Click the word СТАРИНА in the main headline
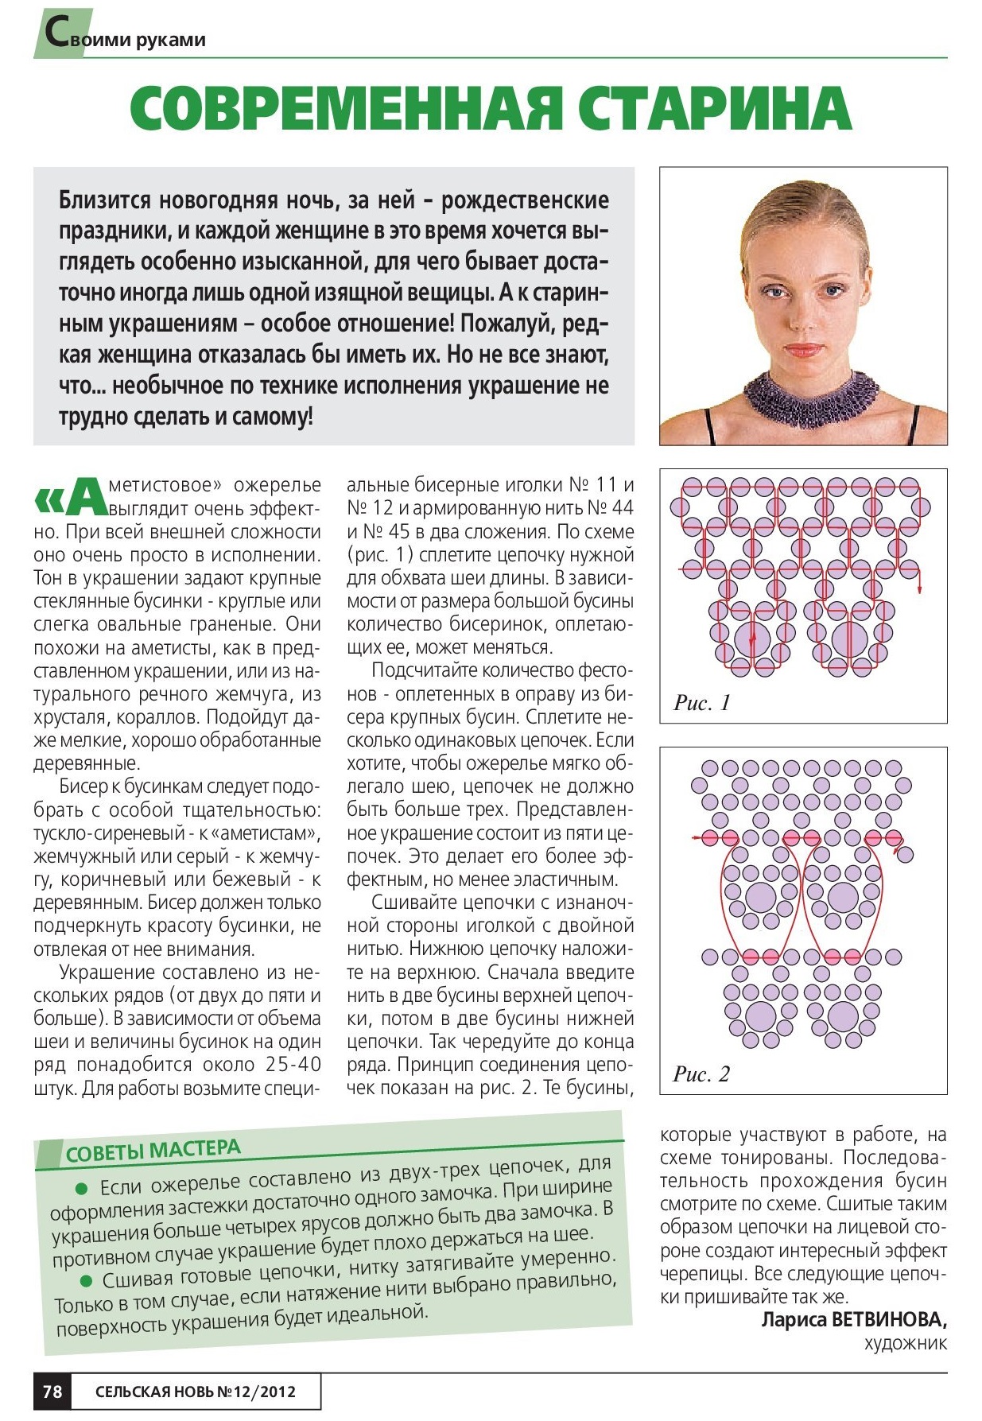click(714, 108)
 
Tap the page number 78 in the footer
click(52, 1391)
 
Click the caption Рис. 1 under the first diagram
click(701, 703)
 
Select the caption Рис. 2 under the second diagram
click(701, 1074)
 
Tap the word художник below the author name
click(906, 1344)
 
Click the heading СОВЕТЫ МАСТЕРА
click(153, 1151)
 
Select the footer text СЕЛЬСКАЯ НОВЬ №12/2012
click(196, 1392)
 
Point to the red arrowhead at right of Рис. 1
click(921, 588)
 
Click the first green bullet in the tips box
click(80, 1189)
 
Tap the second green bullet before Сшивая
click(86, 1281)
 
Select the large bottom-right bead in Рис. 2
click(843, 1015)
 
